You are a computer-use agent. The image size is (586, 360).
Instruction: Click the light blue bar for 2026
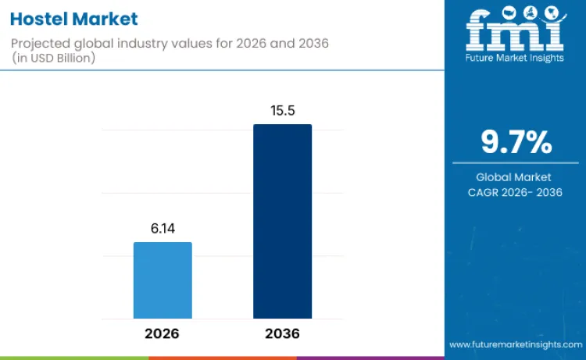pos(163,280)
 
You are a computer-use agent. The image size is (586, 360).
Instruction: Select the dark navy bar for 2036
pos(282,221)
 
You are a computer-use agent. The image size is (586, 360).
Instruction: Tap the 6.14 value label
pos(163,230)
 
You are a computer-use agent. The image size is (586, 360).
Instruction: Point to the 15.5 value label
pos(282,112)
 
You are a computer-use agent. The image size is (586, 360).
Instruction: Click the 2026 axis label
pos(162,333)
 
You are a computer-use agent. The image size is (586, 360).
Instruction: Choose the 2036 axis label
pos(282,333)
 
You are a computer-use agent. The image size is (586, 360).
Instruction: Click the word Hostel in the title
pos(38,19)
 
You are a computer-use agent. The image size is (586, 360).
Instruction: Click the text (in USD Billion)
pos(55,59)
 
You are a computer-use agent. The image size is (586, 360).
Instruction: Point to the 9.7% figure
pos(515,142)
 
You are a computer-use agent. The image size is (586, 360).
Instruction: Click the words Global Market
pos(515,177)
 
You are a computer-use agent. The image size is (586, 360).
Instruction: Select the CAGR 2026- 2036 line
pos(515,192)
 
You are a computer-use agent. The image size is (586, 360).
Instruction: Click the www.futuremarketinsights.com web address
pos(515,344)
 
